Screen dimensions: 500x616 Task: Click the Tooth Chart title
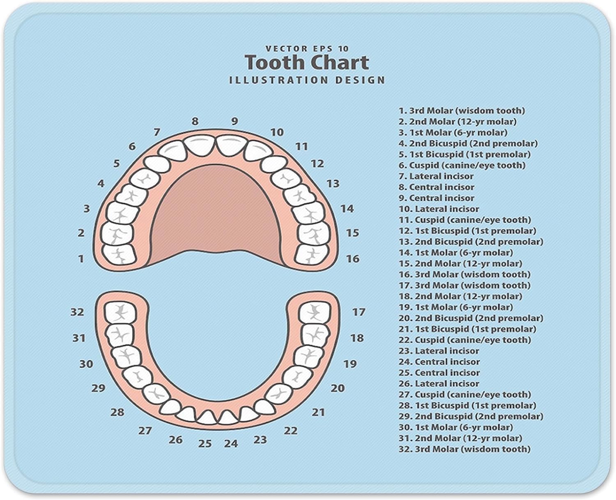tap(307, 63)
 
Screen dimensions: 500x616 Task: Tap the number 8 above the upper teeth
tap(195, 121)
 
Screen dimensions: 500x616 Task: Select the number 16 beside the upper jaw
tap(352, 259)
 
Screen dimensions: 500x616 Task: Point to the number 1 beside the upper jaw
tap(81, 259)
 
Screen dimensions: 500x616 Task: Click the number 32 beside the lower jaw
tap(77, 312)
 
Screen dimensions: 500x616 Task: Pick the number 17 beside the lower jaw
tap(359, 312)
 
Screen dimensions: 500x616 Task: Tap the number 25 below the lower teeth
tap(205, 444)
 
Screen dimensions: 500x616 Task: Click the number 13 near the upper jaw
tap(333, 183)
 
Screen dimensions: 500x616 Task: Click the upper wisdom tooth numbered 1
tap(120, 254)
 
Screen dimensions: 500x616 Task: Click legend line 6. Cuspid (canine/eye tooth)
tap(462, 165)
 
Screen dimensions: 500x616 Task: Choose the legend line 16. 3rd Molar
tap(464, 274)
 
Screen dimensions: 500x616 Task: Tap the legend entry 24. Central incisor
tap(439, 362)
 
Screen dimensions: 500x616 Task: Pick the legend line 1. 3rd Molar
tap(462, 111)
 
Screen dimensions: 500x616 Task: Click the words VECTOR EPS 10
tap(307, 48)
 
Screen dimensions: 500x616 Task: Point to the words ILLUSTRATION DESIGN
tap(307, 80)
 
